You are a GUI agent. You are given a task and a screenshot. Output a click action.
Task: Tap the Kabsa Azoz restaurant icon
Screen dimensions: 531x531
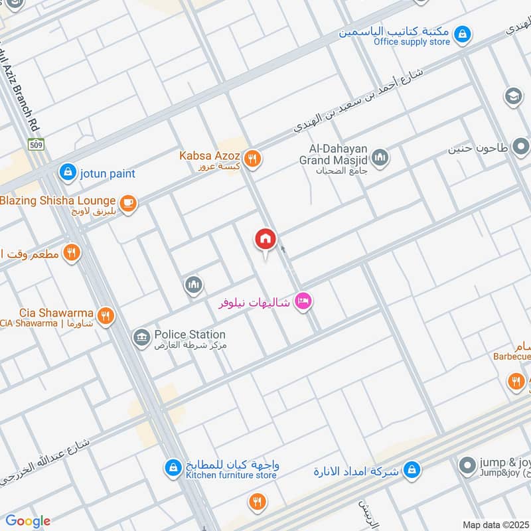[x=252, y=159]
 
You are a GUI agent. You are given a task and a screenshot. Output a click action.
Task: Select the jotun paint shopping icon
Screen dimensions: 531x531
[x=67, y=173]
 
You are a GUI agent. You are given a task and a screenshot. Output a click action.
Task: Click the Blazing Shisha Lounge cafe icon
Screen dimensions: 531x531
[x=127, y=204]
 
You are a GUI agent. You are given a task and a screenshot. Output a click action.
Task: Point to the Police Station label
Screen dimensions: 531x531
[x=190, y=335]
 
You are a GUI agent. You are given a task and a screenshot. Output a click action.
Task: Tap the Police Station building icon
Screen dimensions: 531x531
[x=141, y=339]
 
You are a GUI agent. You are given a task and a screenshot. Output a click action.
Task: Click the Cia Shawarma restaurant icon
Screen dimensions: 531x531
[x=105, y=315]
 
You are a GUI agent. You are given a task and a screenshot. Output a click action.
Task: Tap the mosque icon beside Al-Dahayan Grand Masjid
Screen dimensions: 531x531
[x=380, y=157]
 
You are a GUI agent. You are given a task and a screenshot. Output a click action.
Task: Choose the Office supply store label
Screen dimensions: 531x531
[x=412, y=42]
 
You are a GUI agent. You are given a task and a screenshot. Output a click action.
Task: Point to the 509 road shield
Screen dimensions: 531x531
[x=36, y=143]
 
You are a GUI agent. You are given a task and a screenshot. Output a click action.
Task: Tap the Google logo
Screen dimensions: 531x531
[x=27, y=521]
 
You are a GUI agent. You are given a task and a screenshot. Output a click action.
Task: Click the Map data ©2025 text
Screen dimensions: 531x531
[x=495, y=524]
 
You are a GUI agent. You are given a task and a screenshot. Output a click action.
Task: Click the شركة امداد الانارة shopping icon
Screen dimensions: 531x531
[x=412, y=469]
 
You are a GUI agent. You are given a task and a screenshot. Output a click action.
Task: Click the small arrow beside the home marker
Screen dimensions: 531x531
[x=283, y=250]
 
